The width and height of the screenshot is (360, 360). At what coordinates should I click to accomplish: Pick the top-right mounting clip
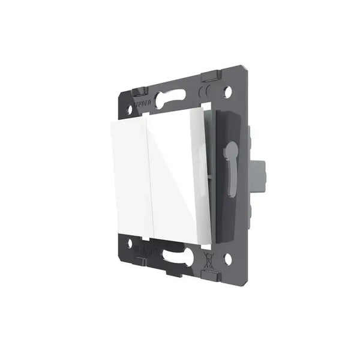pyautogui.click(x=211, y=77)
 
